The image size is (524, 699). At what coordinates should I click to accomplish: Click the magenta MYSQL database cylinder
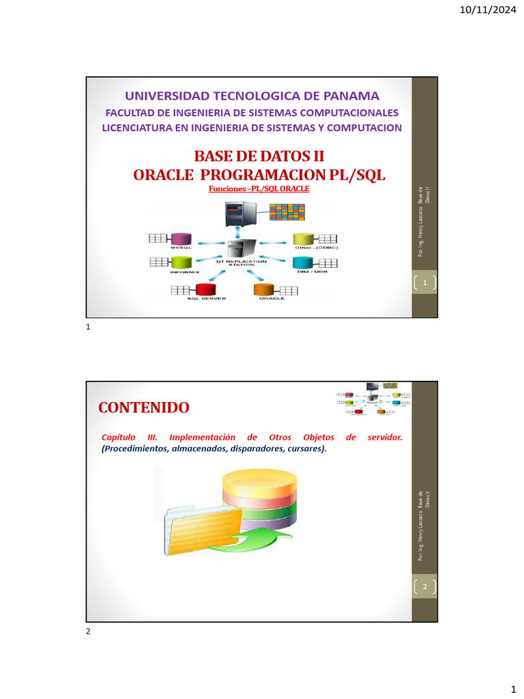[x=181, y=239]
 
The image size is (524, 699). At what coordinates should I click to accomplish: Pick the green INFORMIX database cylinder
[x=181, y=262]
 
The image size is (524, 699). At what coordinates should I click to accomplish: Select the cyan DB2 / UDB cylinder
[x=304, y=262]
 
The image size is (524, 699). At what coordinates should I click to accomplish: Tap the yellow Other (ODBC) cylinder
[x=303, y=239]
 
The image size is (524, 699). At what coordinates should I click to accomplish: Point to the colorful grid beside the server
[x=287, y=214]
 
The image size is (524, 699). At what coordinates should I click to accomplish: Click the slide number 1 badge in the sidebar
[x=424, y=283]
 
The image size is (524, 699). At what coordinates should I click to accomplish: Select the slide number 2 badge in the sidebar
[x=424, y=586]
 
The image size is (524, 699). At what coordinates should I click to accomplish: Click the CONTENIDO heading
[x=144, y=408]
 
